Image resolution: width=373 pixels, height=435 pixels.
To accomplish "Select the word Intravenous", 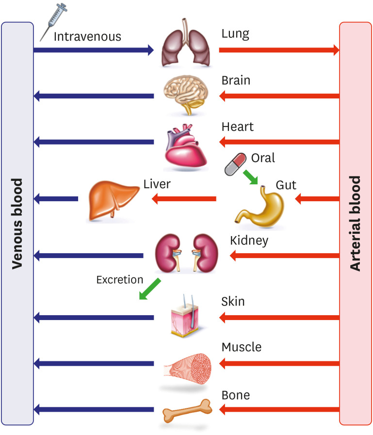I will (x=87, y=36).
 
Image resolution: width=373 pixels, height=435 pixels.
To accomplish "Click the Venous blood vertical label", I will (x=17, y=223).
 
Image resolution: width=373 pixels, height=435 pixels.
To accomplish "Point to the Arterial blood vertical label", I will (x=356, y=223).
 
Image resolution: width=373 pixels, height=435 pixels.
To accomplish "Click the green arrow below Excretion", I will (x=149, y=289).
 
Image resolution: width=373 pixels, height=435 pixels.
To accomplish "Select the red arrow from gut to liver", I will (x=184, y=198).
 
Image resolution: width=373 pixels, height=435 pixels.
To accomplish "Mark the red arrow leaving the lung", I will (x=279, y=49).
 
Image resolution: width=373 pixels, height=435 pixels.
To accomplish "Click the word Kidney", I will (x=249, y=240).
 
